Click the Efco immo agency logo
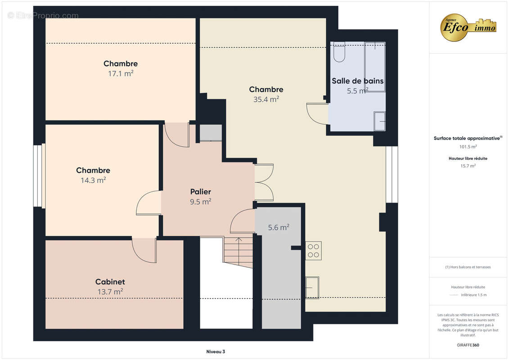tap(468, 27)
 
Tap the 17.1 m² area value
tap(121, 74)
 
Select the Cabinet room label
tap(110, 282)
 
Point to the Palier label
tap(201, 192)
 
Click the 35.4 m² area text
tap(266, 99)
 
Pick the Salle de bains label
tap(357, 81)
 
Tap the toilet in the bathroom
tap(339, 52)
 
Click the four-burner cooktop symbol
tap(313, 251)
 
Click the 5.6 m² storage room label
tap(279, 228)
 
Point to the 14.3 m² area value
tap(94, 180)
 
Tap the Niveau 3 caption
tap(216, 351)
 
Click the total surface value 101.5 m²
tap(468, 147)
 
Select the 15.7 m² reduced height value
tap(468, 166)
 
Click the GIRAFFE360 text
tap(468, 345)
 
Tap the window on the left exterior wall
tap(39, 175)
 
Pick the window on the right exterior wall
tap(392, 175)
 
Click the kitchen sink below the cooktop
tap(312, 287)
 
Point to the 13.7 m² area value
tap(110, 292)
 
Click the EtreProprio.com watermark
tap(43, 15)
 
